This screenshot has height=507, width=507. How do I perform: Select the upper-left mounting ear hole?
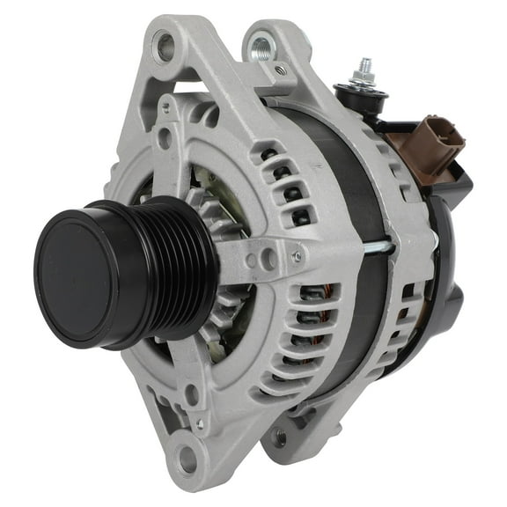164,45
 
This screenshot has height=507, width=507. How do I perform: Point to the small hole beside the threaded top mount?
280,69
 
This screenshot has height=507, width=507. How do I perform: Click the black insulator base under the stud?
361,97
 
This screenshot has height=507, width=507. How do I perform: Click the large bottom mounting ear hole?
186,457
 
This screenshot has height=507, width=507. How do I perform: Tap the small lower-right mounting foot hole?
280,435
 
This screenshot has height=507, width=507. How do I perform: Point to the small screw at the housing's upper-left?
165,107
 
